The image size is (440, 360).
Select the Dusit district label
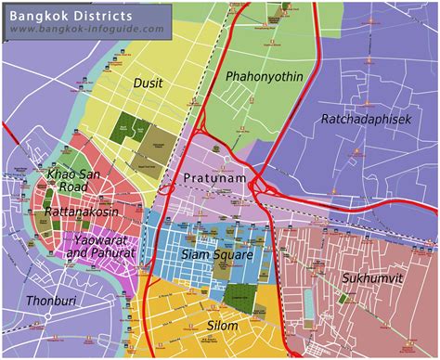tap(148, 84)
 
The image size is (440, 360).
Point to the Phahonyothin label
tap(264, 76)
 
